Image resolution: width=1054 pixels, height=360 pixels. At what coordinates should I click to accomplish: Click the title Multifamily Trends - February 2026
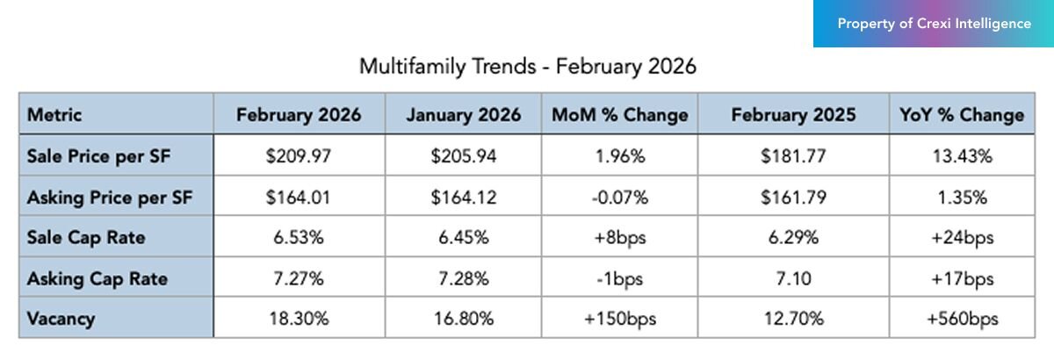[528, 67]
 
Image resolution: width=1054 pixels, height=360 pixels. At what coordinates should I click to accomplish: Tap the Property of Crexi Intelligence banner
[934, 24]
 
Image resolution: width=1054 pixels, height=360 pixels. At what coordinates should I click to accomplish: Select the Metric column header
[54, 115]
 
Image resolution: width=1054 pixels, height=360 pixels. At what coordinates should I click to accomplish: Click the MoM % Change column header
[619, 115]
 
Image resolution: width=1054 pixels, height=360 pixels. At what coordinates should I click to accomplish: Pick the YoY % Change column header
[962, 115]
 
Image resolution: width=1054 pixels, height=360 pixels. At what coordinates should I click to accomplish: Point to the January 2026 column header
[463, 115]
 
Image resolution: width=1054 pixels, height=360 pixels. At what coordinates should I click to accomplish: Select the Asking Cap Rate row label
[97, 279]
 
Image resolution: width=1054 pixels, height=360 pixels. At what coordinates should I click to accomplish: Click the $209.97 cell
[298, 156]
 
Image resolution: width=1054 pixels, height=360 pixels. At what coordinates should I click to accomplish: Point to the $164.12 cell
[463, 198]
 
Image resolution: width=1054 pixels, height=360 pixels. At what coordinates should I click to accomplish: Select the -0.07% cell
[619, 198]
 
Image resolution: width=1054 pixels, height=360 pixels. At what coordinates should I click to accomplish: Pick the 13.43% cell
[962, 156]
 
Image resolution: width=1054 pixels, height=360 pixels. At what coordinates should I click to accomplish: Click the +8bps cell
[619, 239]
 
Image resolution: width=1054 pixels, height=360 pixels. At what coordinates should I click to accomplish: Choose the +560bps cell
[962, 320]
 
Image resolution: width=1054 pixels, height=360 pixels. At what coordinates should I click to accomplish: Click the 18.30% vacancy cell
[298, 320]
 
